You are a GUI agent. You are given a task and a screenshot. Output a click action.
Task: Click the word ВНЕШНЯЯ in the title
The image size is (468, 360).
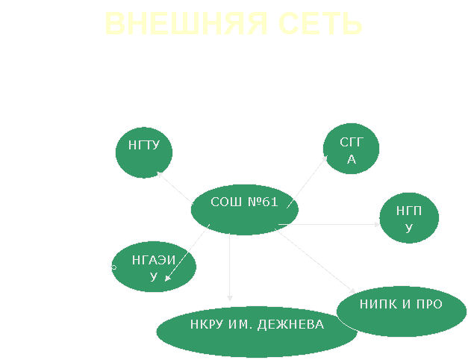point(186,24)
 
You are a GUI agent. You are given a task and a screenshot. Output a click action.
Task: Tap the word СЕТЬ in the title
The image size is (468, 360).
point(320,24)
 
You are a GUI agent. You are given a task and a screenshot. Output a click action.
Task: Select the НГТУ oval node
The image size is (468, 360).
point(144,152)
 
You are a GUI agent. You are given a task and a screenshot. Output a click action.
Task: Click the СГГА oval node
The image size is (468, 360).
point(351,149)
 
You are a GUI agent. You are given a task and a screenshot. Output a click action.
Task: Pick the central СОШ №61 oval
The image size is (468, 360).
point(244,210)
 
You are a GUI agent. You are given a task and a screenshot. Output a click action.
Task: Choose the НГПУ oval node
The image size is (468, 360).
point(409,218)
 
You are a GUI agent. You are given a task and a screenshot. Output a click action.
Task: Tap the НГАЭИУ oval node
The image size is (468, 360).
point(154,267)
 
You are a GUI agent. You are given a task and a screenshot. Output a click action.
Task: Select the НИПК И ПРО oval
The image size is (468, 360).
point(402,311)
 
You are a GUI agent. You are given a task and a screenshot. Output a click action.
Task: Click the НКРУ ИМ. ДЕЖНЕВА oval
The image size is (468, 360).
point(257,332)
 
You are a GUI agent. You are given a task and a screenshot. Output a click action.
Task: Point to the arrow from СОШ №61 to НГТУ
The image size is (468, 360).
point(175,187)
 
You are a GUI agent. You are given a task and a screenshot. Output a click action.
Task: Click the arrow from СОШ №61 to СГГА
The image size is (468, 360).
point(307,181)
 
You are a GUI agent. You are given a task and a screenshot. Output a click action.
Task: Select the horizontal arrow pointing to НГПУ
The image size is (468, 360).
point(329,224)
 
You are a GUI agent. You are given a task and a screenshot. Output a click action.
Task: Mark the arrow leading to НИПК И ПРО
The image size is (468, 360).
point(315,261)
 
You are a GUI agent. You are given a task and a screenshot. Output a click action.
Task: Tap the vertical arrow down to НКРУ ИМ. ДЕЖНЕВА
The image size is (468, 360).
point(230,267)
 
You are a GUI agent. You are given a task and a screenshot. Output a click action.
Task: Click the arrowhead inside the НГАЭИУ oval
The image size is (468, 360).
point(167,278)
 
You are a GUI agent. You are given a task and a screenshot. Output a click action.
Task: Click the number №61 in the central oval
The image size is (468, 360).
point(263,202)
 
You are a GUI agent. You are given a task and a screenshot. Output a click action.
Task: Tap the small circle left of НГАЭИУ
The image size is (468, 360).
point(113,267)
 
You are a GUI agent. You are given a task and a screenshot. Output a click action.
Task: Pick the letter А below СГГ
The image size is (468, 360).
point(352,160)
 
